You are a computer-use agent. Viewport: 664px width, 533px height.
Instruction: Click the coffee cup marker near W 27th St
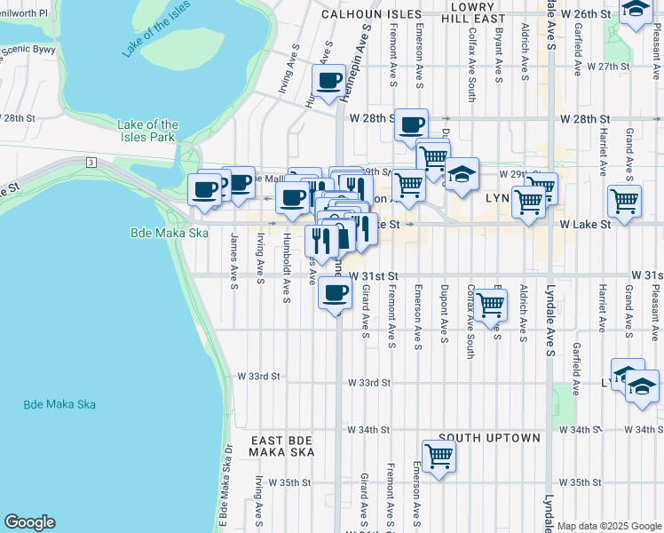tap(328, 81)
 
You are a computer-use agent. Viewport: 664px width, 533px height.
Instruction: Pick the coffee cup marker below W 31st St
tap(335, 292)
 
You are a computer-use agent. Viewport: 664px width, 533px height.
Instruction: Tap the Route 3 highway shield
tap(91, 162)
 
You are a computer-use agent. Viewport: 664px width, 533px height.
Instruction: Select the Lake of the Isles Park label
tap(148, 131)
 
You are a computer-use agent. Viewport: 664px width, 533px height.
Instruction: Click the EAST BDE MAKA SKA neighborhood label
tap(281, 448)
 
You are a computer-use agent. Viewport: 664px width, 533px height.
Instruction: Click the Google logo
tap(29, 522)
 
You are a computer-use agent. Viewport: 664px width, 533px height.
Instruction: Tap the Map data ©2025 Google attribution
tap(609, 526)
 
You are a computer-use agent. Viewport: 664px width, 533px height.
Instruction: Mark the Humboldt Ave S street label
tap(287, 268)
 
